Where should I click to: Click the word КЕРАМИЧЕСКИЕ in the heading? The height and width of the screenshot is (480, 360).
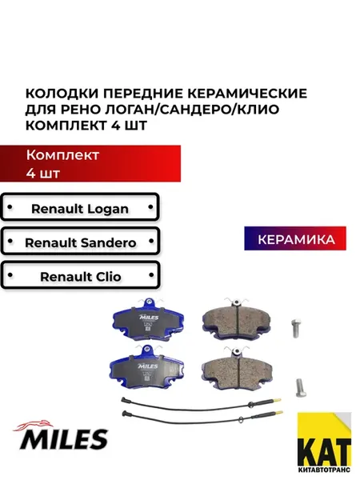[x=247, y=93]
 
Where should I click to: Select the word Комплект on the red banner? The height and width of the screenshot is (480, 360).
[x=62, y=155]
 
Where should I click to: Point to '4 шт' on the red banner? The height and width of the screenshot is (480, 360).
[x=43, y=174]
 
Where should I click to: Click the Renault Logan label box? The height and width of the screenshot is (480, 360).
[x=80, y=207]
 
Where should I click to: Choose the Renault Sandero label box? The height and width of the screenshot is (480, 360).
[x=80, y=242]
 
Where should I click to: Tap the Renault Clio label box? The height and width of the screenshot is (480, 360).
[x=80, y=275]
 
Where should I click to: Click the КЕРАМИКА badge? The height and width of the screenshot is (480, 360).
[x=295, y=238]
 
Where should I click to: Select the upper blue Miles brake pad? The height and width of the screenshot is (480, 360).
[x=149, y=319]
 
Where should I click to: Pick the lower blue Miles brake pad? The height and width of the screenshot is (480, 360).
[x=147, y=367]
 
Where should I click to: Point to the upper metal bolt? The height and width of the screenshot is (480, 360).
[x=296, y=329]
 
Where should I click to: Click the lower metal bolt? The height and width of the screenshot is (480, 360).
[x=301, y=388]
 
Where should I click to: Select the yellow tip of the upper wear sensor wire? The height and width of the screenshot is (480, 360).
[x=277, y=400]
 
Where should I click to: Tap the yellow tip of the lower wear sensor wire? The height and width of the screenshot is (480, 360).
[x=279, y=413]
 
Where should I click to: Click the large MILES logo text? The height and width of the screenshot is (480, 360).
[x=64, y=439]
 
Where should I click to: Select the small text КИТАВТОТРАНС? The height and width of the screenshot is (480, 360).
[x=325, y=470]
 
